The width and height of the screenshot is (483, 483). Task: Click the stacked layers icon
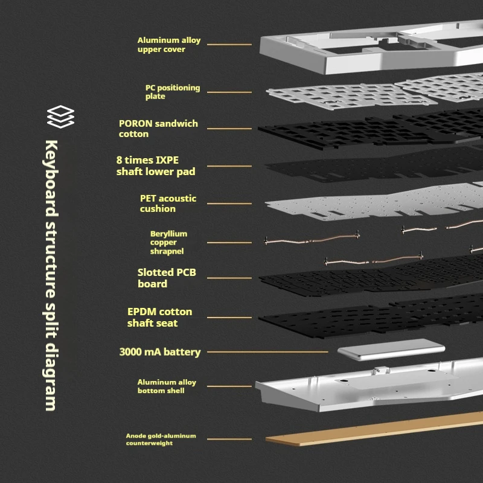(60, 117)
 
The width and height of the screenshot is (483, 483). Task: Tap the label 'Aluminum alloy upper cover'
(168, 45)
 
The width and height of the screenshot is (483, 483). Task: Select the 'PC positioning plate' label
(172, 92)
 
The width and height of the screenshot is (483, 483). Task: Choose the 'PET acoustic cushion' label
(168, 203)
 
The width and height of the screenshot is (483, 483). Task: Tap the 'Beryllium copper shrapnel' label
(168, 242)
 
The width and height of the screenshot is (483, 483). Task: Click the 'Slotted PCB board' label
(167, 278)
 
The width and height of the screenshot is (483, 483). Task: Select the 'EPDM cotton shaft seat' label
(159, 317)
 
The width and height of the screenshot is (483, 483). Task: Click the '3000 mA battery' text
(160, 352)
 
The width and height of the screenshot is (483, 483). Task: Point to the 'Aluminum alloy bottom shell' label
(167, 386)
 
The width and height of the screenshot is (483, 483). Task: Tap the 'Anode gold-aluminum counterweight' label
(161, 439)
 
